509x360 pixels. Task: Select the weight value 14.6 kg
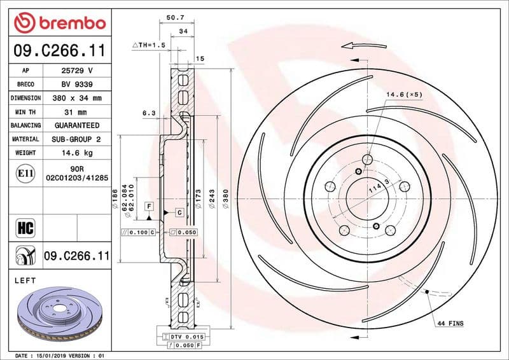point(77,153)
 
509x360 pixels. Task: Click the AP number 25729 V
point(77,71)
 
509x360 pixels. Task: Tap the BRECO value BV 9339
point(77,85)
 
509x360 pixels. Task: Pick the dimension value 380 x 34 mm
point(77,98)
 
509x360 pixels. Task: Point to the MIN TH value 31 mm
point(77,112)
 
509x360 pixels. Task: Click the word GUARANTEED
point(77,126)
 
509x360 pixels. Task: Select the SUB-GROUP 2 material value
point(77,139)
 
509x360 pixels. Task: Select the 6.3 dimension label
point(149,113)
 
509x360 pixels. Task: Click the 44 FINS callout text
point(450,324)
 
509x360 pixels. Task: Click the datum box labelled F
point(149,206)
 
